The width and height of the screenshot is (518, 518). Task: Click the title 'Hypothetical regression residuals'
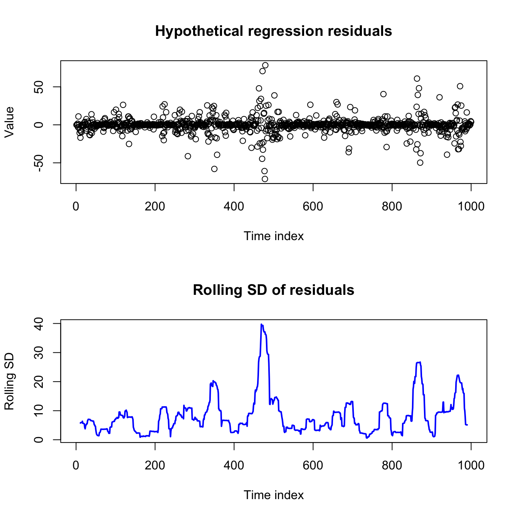(273, 31)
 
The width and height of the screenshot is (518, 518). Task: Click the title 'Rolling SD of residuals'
(273, 290)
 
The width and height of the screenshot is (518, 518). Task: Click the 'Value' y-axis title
(9, 122)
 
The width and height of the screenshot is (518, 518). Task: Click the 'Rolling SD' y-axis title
(9, 381)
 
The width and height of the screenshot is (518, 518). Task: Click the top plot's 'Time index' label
(273, 236)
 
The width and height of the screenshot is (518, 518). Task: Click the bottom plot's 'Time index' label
(273, 495)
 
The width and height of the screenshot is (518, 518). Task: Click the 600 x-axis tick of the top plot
(313, 207)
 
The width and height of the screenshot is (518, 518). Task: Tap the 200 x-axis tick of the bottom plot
(155, 466)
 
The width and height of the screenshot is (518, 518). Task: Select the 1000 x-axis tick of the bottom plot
(471, 466)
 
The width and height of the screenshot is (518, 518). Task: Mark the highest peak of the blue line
(261, 324)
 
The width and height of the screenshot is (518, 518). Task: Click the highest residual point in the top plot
(265, 65)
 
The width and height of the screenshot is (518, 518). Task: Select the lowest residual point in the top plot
(265, 179)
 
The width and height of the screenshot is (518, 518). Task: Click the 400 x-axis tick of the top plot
(234, 207)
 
